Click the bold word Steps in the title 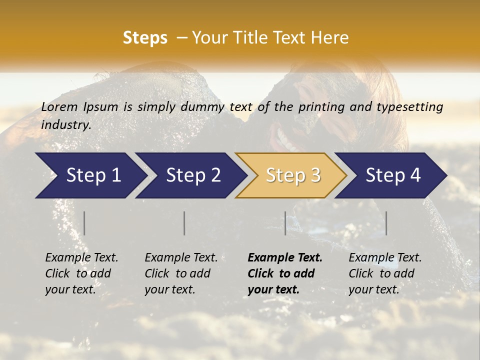(145, 38)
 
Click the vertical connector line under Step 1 (84, 223)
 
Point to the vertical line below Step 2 (184, 223)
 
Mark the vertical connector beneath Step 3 (285, 223)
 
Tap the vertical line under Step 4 (386, 223)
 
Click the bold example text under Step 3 (285, 273)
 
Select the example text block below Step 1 (81, 273)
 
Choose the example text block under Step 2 (181, 273)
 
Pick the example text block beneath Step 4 (385, 273)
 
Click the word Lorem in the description (59, 107)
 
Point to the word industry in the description (65, 124)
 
